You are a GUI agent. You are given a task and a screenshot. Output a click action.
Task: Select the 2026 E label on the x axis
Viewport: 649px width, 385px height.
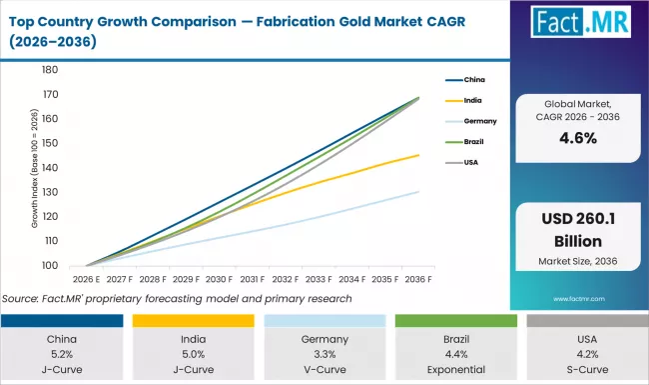(84, 280)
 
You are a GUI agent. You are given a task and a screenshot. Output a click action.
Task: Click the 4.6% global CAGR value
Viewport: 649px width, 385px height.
(583, 138)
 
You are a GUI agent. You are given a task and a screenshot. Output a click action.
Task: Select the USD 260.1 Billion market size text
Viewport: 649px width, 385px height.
(583, 232)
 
